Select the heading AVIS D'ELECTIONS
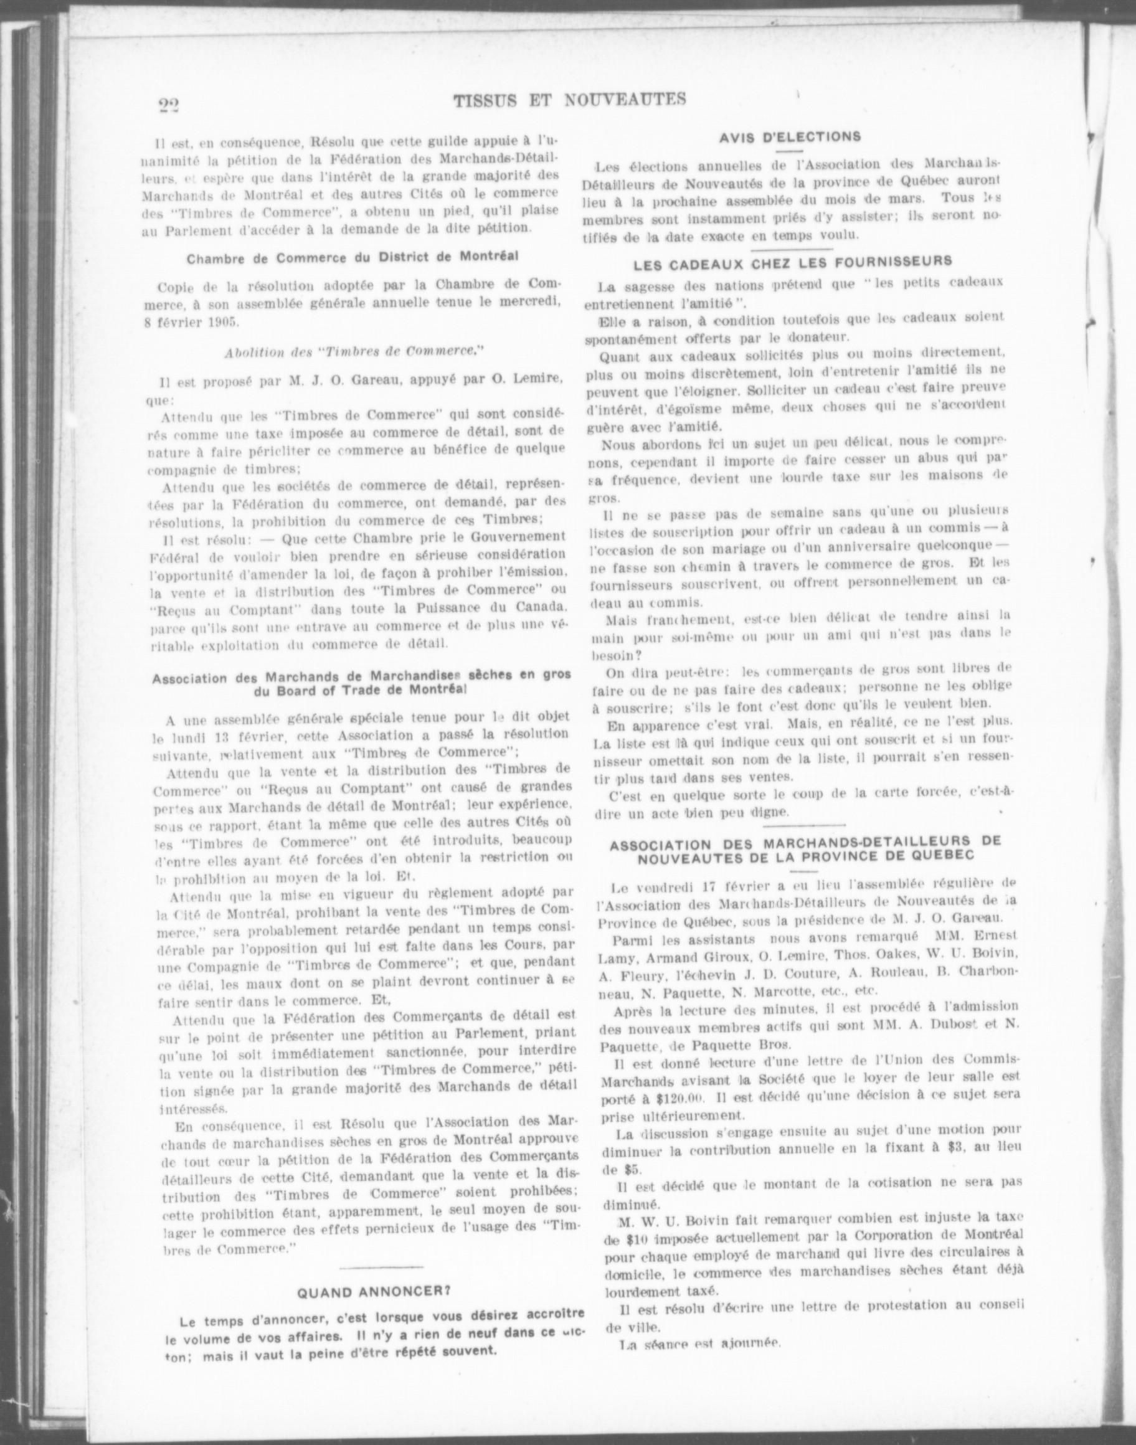point(790,137)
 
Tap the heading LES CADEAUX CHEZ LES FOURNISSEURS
point(792,262)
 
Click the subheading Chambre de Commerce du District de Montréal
point(353,257)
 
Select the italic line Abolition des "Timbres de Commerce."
point(353,353)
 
